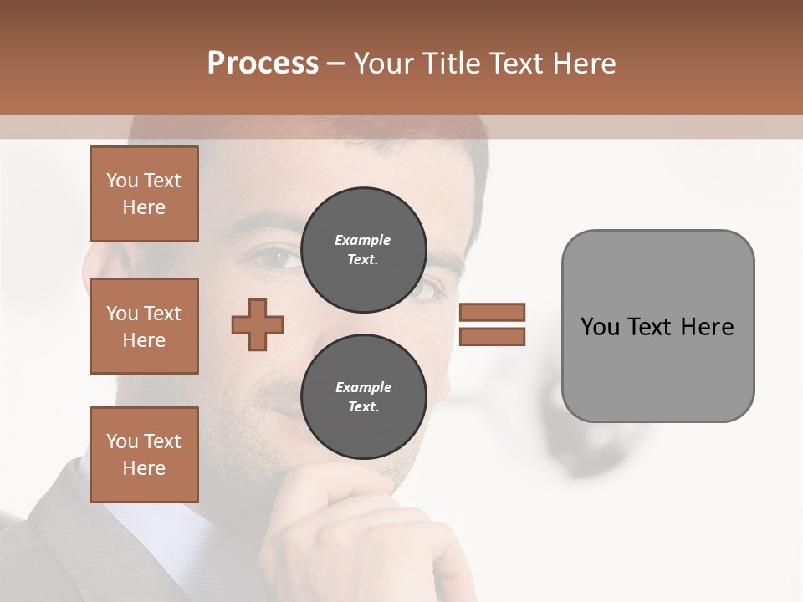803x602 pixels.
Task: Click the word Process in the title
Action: coord(263,64)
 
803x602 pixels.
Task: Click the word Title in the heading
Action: coord(453,64)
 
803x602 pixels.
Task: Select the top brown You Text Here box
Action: coord(144,194)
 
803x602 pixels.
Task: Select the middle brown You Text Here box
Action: coord(144,326)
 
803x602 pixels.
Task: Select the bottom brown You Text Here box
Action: coord(144,454)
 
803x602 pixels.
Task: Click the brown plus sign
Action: coord(258,324)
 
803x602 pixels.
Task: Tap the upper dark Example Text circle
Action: coord(363,250)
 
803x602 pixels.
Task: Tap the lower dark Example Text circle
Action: coord(363,397)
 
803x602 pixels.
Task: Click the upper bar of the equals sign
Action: coord(492,312)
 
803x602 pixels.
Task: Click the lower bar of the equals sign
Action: coord(492,336)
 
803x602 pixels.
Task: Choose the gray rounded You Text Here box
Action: coord(657,326)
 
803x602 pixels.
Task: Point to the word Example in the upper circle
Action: coord(363,240)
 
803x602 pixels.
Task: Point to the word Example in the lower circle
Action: coord(363,387)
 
